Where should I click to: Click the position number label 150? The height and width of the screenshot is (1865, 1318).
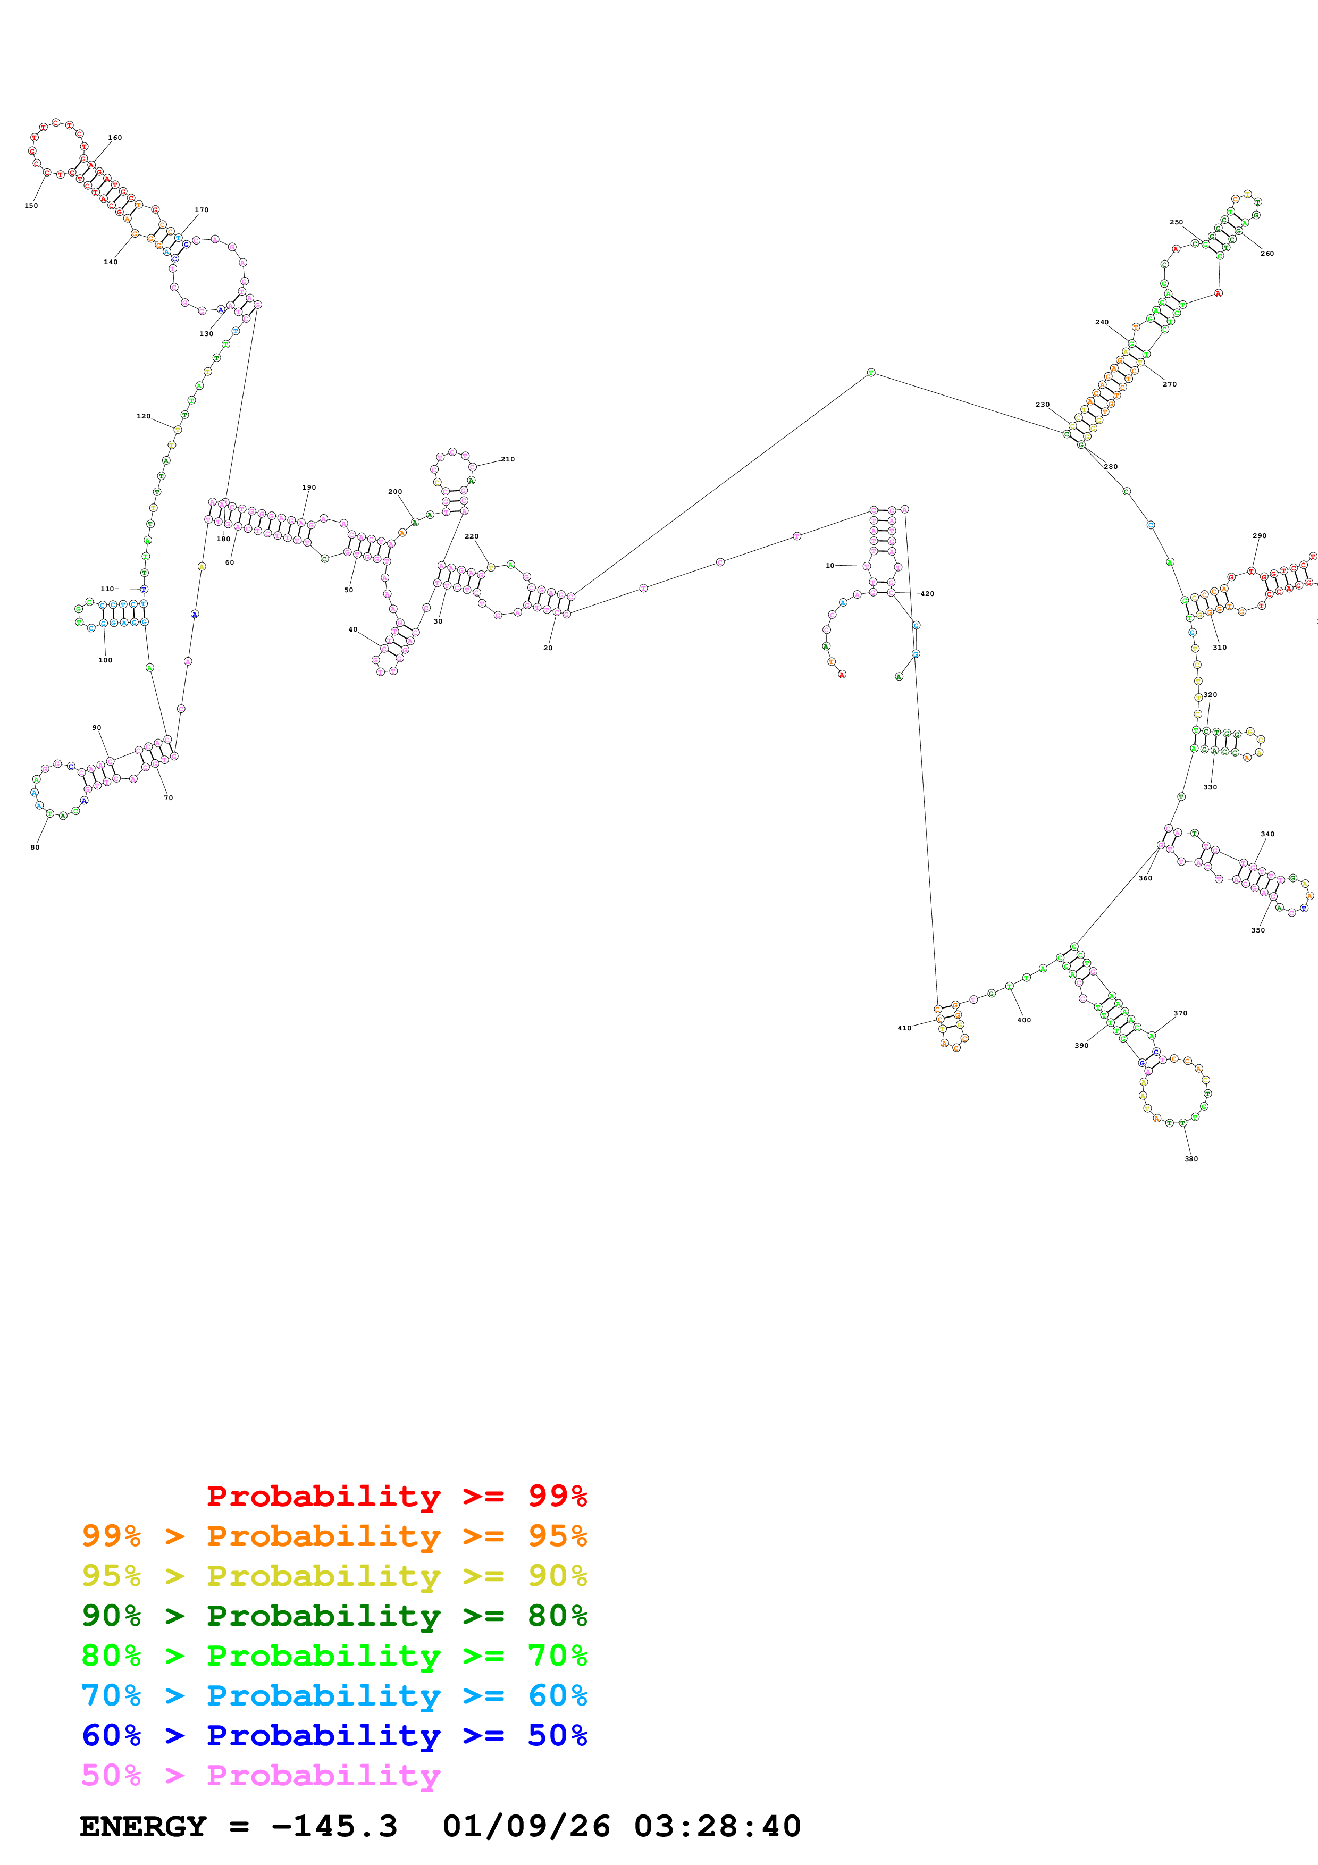point(31,206)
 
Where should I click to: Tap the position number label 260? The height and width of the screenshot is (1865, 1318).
point(1267,254)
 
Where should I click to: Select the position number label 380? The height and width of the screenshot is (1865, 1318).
point(1190,1158)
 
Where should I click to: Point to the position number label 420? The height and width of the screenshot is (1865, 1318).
point(927,594)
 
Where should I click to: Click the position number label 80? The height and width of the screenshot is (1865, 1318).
point(35,847)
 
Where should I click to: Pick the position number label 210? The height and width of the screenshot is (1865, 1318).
point(508,459)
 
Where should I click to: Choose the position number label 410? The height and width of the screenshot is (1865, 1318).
point(904,1028)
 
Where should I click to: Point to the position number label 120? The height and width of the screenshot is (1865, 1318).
point(144,416)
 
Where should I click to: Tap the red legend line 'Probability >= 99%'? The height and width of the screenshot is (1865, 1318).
point(396,1496)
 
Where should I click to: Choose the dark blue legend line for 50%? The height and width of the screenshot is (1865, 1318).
point(334,1735)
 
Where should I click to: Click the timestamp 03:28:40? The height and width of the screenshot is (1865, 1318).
point(717,1826)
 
